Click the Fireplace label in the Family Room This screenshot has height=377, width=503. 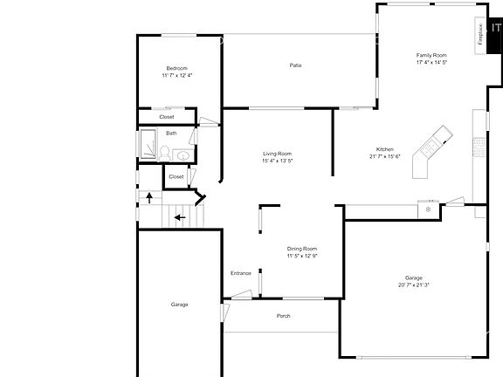480,35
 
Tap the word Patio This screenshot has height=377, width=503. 296,65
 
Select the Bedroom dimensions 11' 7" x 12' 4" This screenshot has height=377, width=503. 177,76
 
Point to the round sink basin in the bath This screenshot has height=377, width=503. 182,155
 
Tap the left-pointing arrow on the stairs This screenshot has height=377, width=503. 179,217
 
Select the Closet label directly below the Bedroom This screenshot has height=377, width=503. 166,116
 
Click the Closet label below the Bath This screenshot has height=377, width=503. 176,176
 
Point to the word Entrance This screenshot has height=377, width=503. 241,273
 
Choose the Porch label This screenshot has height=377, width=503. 283,315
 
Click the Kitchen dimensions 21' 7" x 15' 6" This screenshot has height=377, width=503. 384,157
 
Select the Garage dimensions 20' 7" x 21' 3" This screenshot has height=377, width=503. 413,284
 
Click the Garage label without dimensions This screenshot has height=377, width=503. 179,304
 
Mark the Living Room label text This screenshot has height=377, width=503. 277,154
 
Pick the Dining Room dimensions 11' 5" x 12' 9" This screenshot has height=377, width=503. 302,256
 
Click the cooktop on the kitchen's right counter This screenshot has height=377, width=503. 479,147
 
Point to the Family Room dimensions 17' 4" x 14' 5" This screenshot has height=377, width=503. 431,63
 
